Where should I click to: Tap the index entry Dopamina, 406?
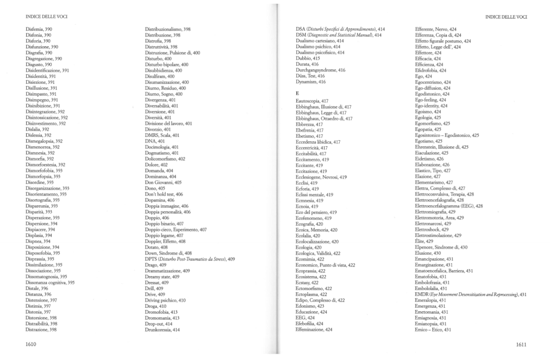160,200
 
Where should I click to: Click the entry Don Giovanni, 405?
163,182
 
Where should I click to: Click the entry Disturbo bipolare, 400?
167,64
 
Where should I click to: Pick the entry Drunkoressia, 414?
162,329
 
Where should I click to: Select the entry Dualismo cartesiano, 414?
320,41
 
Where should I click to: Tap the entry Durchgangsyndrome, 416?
320,70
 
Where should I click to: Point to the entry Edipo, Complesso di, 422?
320,300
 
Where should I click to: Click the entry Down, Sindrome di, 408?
168,253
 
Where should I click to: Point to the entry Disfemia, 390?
38,29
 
